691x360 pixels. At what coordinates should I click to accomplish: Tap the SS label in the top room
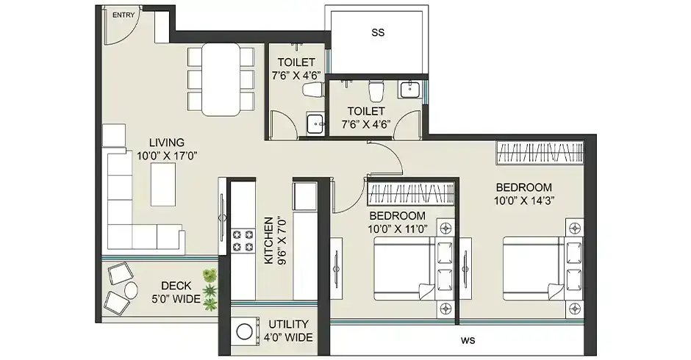click(378, 32)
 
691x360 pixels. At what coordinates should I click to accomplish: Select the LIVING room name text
click(167, 142)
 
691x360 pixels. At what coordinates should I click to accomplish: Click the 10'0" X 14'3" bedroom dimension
click(523, 200)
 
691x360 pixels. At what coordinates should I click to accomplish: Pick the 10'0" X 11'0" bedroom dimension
click(397, 228)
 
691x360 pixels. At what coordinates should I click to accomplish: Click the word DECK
click(177, 286)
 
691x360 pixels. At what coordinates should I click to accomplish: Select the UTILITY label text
click(288, 324)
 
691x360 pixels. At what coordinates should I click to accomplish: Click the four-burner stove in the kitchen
click(242, 241)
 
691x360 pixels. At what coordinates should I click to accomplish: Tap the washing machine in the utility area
click(243, 333)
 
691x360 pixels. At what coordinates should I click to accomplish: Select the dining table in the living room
click(221, 79)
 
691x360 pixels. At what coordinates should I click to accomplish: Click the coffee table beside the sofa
click(163, 184)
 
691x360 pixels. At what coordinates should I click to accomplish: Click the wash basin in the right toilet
click(409, 90)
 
